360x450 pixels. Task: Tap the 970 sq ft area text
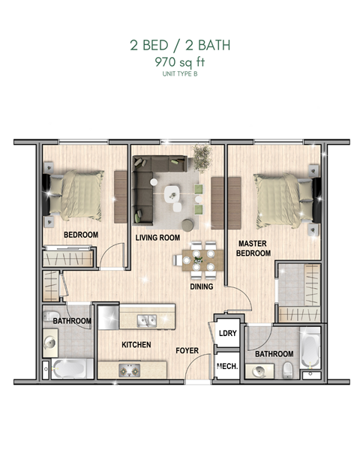point(179,62)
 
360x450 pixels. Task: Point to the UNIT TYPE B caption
point(179,74)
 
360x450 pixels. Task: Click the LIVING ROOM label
point(157,238)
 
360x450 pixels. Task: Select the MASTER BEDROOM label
point(253,248)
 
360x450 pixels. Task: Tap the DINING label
point(201,286)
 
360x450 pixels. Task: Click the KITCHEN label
point(136,345)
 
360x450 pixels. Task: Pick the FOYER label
point(187,350)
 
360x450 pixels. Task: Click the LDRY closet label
point(226,334)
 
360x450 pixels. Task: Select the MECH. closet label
point(226,367)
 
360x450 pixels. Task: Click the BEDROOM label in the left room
point(81,235)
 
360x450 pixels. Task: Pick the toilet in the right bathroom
point(288,369)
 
